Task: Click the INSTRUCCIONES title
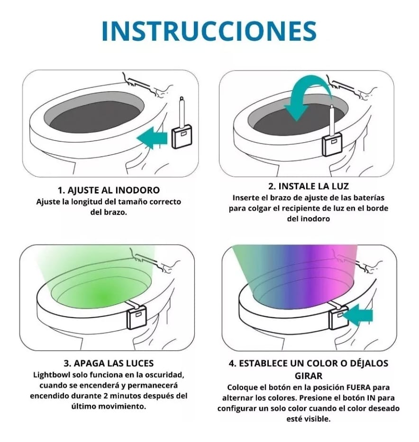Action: [209, 31]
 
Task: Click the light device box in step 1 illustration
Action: [182, 137]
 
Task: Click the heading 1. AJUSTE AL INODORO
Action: [109, 190]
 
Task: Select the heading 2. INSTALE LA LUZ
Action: [307, 186]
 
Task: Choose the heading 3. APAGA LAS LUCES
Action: [108, 363]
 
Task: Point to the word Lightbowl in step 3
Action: [51, 375]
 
